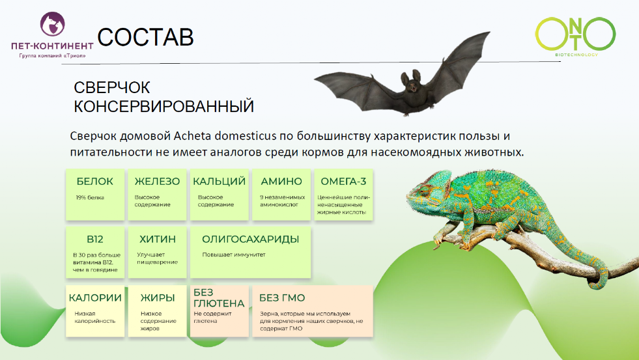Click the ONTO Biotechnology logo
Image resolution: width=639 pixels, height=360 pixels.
[575, 35]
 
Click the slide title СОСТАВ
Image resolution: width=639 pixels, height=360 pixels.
[146, 37]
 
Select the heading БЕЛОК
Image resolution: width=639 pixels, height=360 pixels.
[94, 182]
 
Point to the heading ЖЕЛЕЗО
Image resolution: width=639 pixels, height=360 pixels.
[157, 182]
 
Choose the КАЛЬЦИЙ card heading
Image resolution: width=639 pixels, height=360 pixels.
[219, 182]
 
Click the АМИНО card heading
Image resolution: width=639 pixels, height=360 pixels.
[281, 182]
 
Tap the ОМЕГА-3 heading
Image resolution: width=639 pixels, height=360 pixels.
[343, 182]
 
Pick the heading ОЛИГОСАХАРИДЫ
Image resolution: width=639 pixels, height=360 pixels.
[250, 239]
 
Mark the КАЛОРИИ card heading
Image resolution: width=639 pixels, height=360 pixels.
[95, 298]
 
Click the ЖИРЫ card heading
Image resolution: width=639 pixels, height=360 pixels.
[158, 298]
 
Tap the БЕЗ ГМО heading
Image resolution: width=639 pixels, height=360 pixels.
[282, 298]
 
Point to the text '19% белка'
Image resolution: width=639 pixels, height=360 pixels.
[90, 197]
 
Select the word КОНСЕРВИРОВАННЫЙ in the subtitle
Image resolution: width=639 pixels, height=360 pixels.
[163, 106]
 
